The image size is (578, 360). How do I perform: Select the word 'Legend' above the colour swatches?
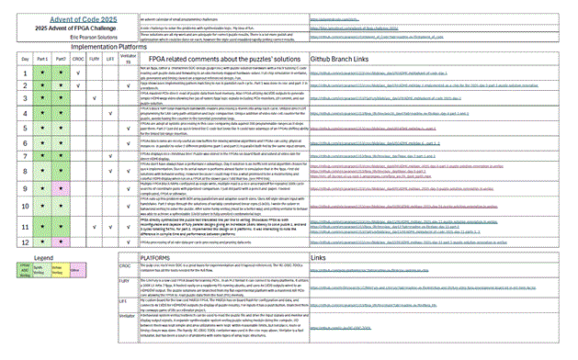46,257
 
